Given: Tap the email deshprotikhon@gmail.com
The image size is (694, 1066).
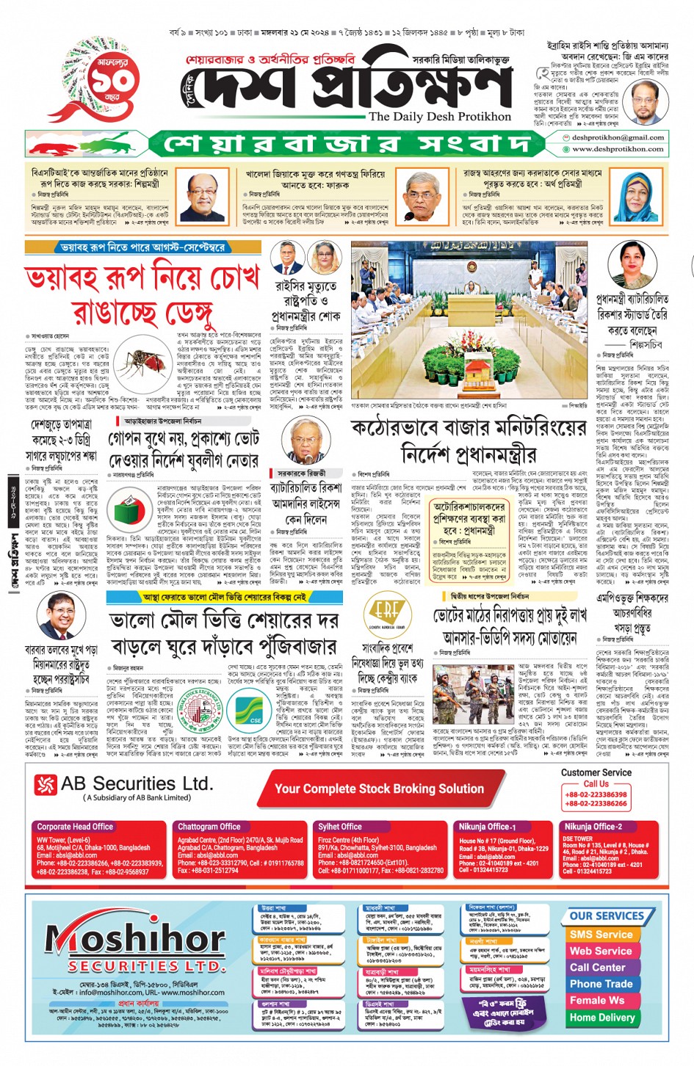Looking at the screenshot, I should click(618, 137).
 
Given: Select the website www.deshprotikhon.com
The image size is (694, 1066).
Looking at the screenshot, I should click(618, 148).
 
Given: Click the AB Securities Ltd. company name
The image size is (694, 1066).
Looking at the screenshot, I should click(137, 784).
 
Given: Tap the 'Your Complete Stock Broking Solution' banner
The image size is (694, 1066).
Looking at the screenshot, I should click(379, 788).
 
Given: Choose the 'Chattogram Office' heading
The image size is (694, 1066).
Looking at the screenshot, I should click(209, 827).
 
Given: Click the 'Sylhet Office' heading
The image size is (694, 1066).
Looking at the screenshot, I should click(340, 827).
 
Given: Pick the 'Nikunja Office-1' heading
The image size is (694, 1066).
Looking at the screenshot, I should click(485, 827).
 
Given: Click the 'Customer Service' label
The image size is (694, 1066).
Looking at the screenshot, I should click(596, 772).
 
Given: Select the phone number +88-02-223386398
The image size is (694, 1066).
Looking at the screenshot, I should click(596, 794).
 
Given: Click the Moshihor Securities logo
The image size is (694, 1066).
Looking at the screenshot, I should click(136, 943).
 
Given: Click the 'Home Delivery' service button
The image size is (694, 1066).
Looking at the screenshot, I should click(601, 1018).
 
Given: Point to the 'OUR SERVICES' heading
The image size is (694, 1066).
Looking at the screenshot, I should click(607, 916).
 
